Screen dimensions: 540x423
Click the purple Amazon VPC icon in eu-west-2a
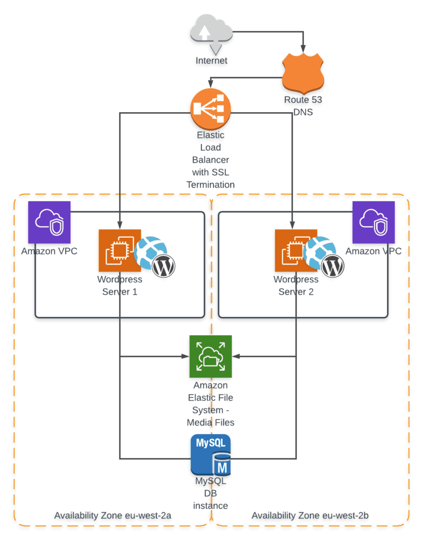pos(49,222)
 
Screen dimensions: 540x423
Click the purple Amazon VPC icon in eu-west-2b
pos(373,222)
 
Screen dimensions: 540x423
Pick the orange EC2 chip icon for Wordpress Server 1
pos(119,250)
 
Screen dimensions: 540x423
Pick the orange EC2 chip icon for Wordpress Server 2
pos(295,250)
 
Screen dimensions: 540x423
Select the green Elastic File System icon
pos(210,356)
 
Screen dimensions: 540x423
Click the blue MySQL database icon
pos(211,455)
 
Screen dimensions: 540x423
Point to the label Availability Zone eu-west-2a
pos(113,515)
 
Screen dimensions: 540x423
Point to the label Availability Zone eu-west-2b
pos(310,515)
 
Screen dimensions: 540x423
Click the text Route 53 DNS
pos(304,105)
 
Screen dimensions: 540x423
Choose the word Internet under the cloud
pos(212,60)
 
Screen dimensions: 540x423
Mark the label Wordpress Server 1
pos(119,285)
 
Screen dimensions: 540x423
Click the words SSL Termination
pos(210,178)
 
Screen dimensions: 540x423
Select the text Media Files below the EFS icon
pos(210,422)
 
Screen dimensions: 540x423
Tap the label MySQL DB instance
pos(210,493)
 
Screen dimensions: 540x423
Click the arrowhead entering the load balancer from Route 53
pos(211,84)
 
